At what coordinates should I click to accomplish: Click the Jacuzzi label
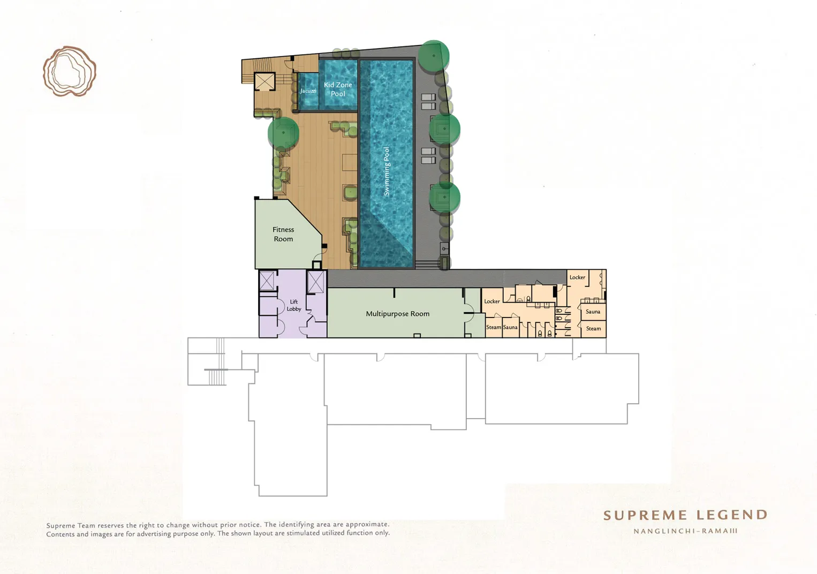[308, 91]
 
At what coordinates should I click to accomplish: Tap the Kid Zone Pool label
[338, 89]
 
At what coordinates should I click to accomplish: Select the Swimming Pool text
[386, 171]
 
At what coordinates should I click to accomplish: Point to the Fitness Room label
[283, 234]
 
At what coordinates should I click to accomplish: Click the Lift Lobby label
[293, 305]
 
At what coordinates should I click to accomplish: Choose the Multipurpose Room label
[398, 314]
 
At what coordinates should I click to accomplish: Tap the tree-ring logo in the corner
[69, 71]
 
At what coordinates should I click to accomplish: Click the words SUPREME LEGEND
[685, 515]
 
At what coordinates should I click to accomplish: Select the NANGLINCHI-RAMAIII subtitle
[685, 531]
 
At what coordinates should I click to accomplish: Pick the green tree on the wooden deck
[283, 132]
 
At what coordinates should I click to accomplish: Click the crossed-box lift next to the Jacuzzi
[264, 81]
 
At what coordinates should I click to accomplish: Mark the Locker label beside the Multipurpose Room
[491, 301]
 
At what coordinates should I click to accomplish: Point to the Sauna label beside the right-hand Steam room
[593, 312]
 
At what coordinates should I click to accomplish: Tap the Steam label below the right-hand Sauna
[593, 328]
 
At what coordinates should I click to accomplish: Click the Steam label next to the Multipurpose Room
[494, 327]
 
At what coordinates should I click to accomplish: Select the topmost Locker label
[577, 277]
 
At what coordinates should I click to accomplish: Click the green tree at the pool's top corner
[434, 56]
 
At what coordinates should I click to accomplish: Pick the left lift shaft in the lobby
[267, 281]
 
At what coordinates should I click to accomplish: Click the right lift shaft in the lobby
[315, 282]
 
